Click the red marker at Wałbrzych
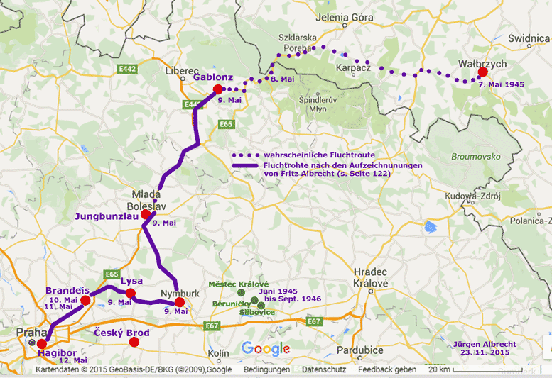coord(483,72)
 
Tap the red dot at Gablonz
coord(218,89)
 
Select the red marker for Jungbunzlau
coord(146,214)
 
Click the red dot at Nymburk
coord(180,302)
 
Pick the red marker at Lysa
coord(131,293)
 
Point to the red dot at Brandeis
coord(86,301)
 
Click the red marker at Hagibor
coord(41,344)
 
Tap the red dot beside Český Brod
coord(134,342)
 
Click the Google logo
coord(266,348)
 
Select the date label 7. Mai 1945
coord(501,84)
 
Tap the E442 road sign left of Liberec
coord(128,69)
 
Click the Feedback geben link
coord(387,370)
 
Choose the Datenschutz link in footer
coord(323,370)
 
